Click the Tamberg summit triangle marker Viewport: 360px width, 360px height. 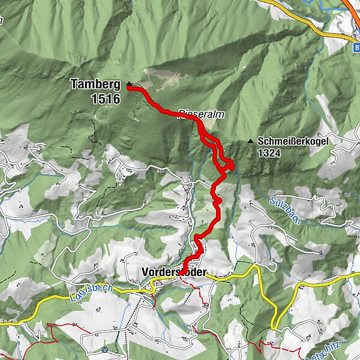[x=128, y=84]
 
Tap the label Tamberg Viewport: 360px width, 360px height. [x=95, y=85]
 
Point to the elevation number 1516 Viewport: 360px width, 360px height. [x=107, y=99]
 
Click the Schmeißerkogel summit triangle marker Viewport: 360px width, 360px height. [x=250, y=142]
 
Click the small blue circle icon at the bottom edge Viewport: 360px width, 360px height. [x=104, y=349]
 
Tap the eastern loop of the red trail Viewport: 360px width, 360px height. [x=229, y=163]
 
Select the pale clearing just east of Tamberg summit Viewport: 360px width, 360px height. [x=159, y=78]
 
